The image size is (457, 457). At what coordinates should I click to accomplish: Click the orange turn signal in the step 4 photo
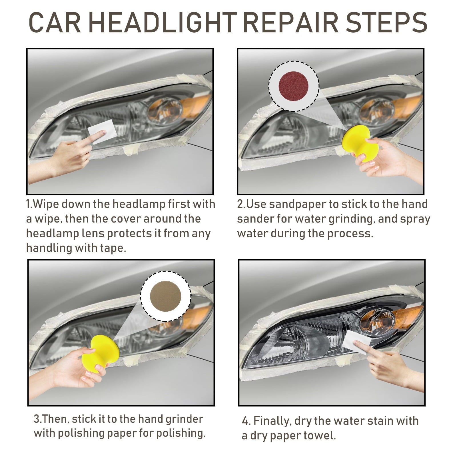(x=407, y=316)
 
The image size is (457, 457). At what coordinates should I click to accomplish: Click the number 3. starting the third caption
(x=38, y=419)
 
